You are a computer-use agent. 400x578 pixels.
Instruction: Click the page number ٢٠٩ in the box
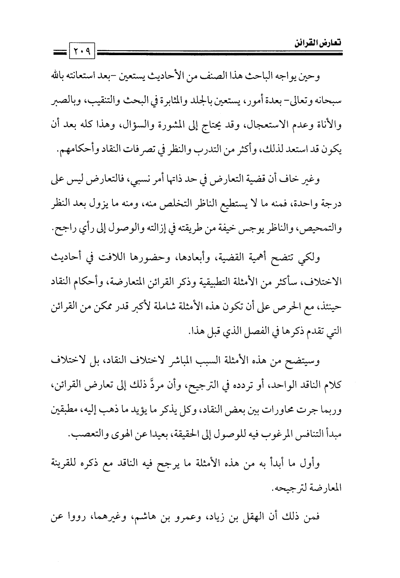pyautogui.click(x=83, y=51)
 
